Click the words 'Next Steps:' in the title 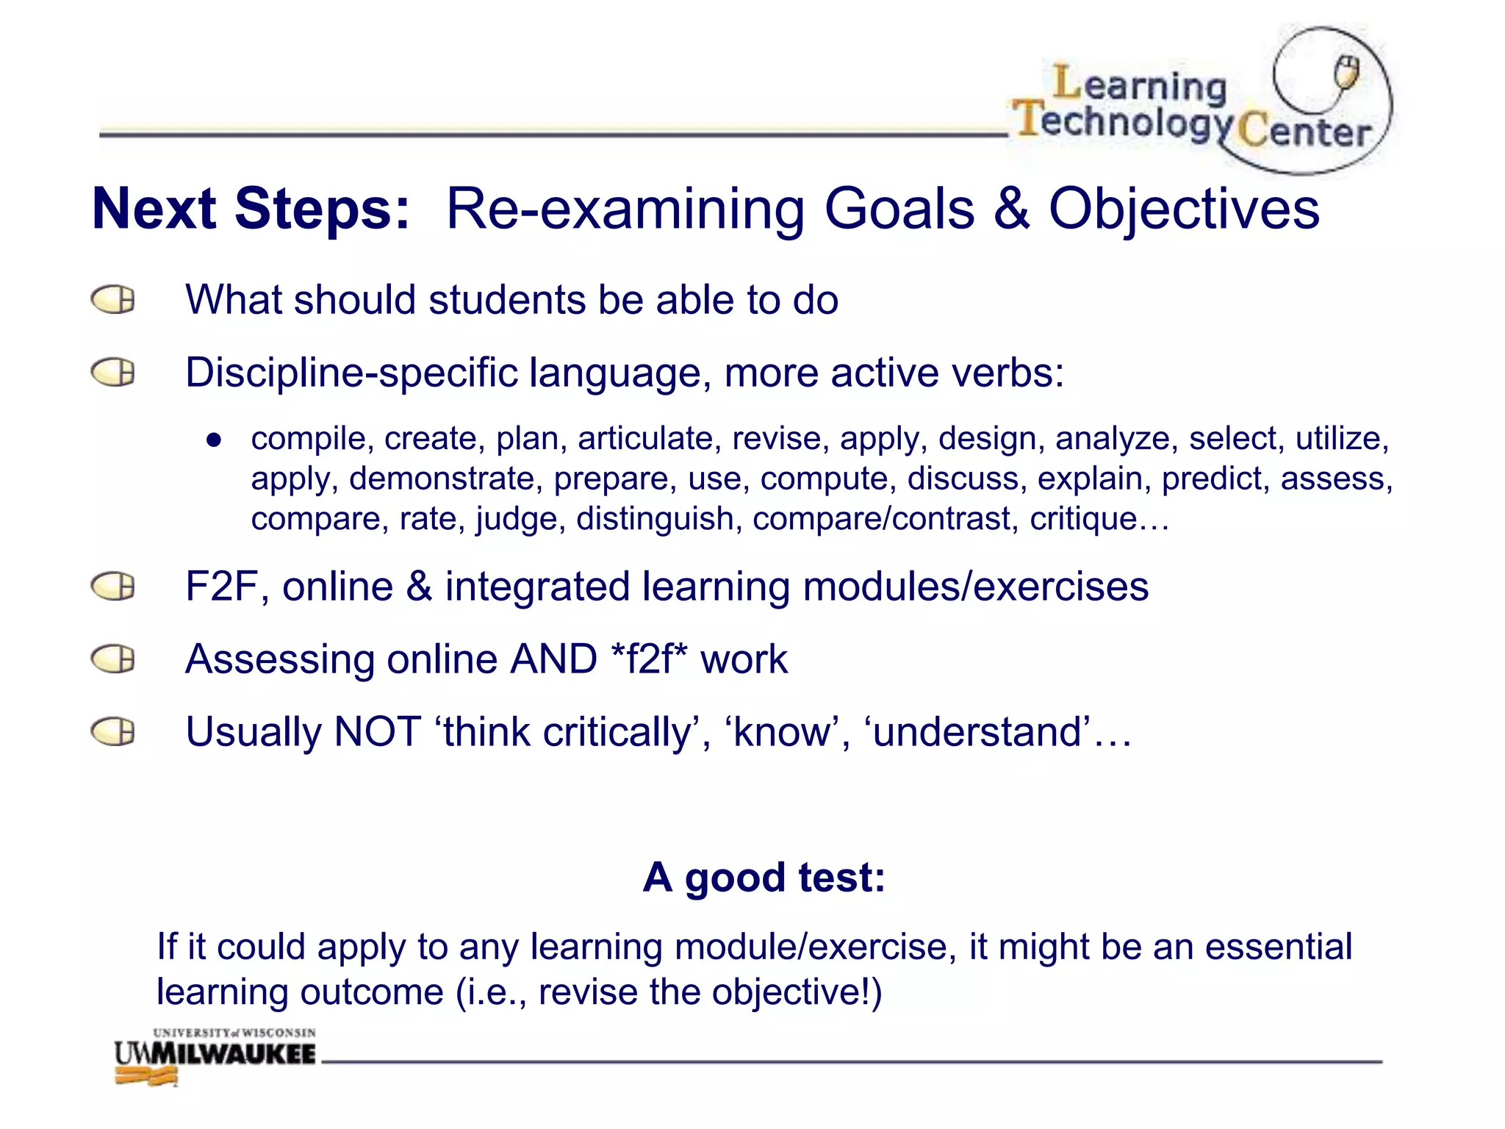tap(251, 209)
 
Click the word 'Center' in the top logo tap(1304, 132)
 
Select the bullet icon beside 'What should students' tap(113, 300)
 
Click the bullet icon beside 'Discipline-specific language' tap(113, 373)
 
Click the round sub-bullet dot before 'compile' tap(214, 440)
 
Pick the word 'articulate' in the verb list tap(644, 439)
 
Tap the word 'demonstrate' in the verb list tap(441, 479)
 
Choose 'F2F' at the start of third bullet tap(220, 587)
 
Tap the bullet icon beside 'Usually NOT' tap(113, 732)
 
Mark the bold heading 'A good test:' tap(764, 877)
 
